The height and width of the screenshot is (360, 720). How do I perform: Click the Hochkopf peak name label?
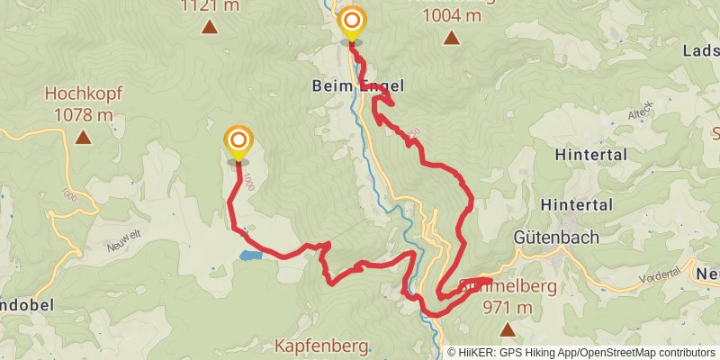tap(83, 94)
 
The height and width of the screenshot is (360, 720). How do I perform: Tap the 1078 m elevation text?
tap(83, 114)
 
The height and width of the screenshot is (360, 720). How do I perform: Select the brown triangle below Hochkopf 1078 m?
tap(83, 138)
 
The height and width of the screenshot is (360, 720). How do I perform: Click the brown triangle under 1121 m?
tap(209, 27)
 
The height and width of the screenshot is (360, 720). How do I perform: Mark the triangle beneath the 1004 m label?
tap(451, 38)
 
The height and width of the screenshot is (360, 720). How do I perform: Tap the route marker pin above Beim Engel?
tap(352, 22)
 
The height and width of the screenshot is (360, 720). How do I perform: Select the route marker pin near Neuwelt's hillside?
tap(238, 141)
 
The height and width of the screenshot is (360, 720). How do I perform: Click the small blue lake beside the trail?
tap(251, 256)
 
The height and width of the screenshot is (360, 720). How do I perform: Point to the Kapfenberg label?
tap(321, 346)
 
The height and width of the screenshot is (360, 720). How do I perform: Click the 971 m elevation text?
tap(508, 308)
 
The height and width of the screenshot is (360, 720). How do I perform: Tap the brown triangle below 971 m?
tap(508, 330)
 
